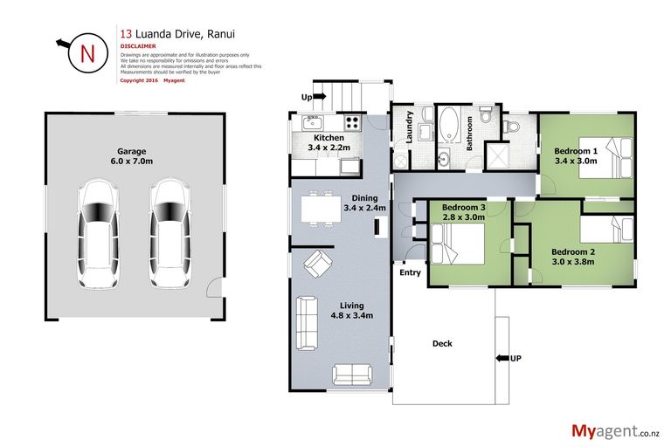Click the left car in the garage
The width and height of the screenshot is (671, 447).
96,234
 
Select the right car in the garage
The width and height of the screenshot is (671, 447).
168,234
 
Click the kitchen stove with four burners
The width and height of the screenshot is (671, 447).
353,123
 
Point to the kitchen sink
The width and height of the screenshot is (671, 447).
313,123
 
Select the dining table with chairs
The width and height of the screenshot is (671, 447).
320,209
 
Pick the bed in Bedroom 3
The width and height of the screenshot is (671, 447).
453,240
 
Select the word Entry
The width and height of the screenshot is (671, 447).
410,273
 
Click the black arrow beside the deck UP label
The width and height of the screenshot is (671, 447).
501,358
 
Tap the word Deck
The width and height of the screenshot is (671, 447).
442,343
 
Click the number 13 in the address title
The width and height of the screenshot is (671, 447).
126,34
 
